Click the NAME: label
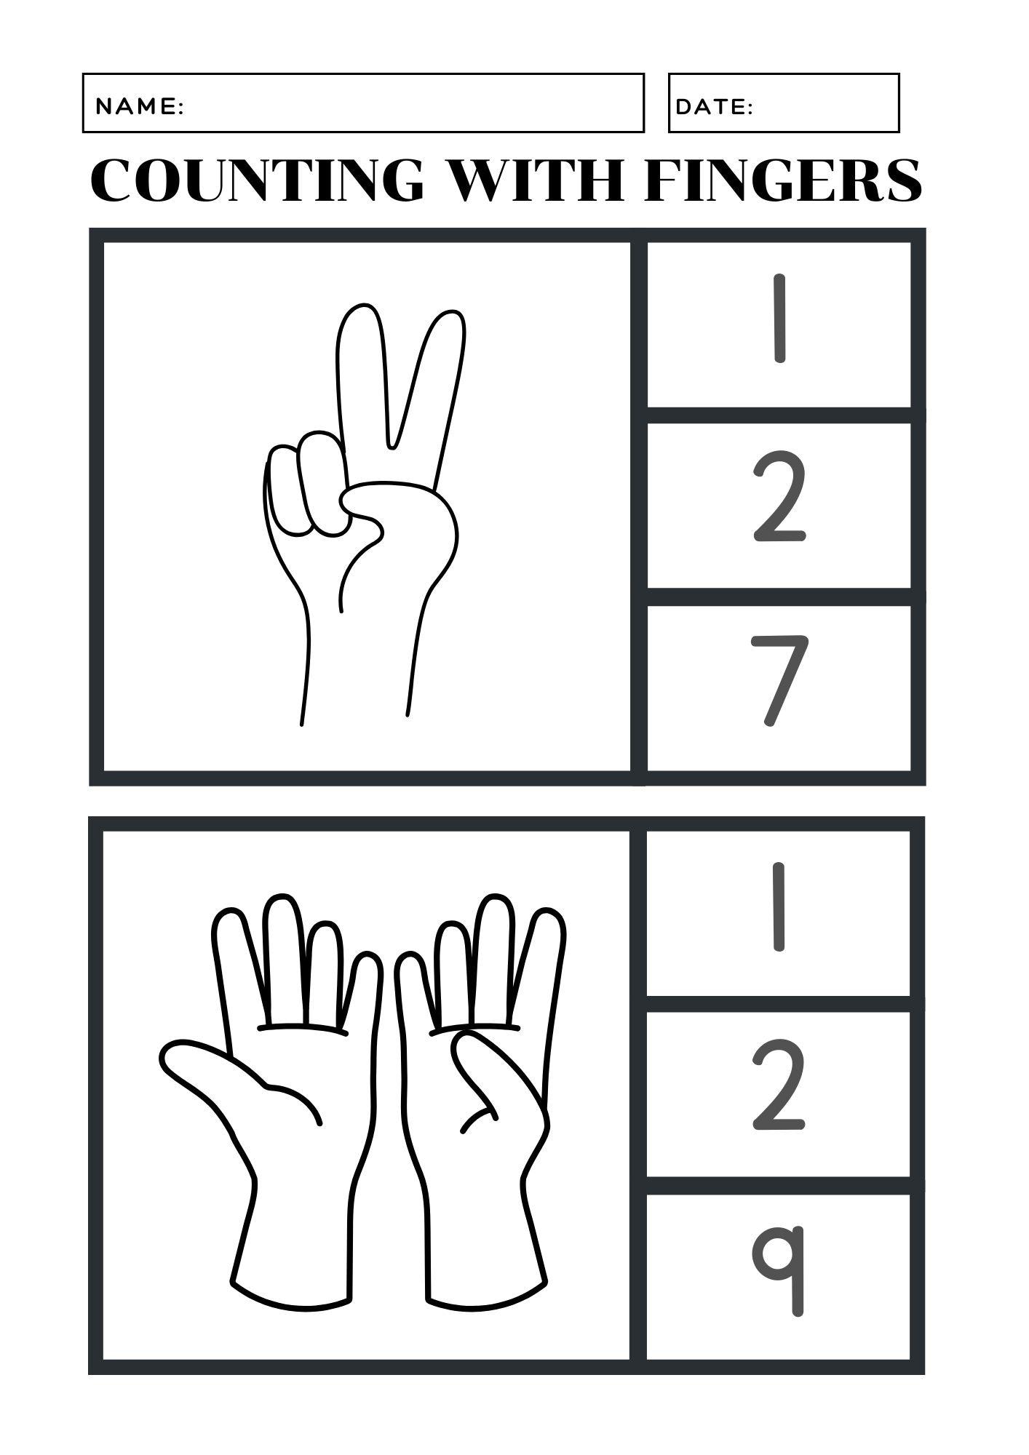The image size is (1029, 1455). pyautogui.click(x=139, y=107)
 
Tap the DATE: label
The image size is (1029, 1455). pyautogui.click(x=714, y=107)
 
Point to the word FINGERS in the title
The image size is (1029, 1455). pyautogui.click(x=783, y=180)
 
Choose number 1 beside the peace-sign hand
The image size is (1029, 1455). pyautogui.click(x=779, y=318)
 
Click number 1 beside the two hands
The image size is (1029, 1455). pyautogui.click(x=779, y=906)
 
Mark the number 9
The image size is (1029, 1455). pyautogui.click(x=779, y=1269)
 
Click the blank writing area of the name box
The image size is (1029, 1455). pyautogui.click(x=408, y=103)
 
